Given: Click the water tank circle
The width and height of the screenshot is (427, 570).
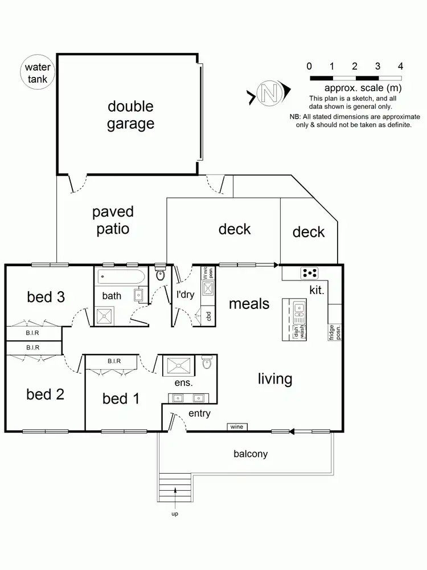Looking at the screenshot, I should click(x=38, y=73).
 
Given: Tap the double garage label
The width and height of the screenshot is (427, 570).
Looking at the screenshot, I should click(x=130, y=115).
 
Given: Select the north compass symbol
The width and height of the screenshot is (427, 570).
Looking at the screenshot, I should click(x=268, y=93).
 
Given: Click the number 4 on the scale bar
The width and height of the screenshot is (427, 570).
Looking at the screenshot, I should click(x=401, y=66).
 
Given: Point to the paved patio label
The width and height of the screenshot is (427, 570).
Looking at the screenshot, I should click(x=113, y=221).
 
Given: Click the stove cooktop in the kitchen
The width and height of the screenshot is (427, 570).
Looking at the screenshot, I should click(x=309, y=273).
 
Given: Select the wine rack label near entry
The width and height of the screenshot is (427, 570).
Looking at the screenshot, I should click(x=236, y=427).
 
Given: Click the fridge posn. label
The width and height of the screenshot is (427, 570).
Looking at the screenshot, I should click(x=334, y=332).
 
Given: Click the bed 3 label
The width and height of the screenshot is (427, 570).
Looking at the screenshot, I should click(x=46, y=297).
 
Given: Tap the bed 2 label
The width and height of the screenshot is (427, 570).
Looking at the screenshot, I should click(x=45, y=394).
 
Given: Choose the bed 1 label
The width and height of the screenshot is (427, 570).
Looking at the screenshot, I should click(x=121, y=398).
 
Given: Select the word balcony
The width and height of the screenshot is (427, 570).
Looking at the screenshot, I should click(x=251, y=454).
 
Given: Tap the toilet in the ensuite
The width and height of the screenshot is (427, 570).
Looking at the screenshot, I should click(x=207, y=363).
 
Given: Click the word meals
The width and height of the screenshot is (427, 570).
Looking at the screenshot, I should click(x=249, y=304).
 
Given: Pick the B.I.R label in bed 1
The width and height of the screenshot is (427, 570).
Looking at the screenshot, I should click(x=117, y=361).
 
